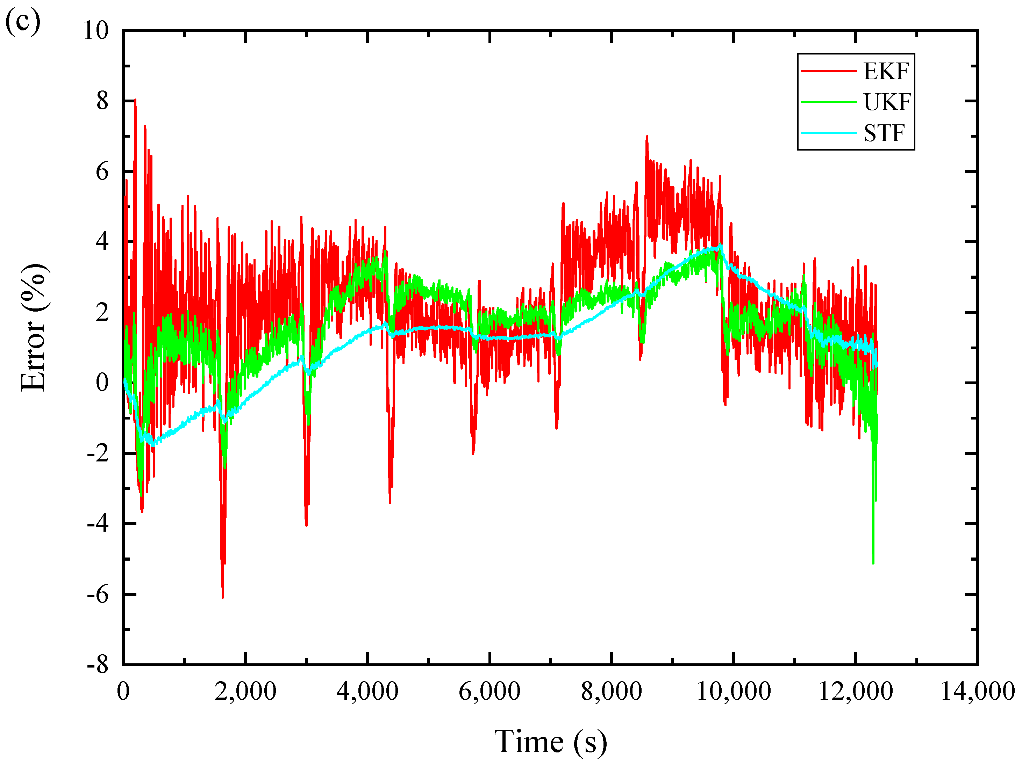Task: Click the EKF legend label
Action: (886, 72)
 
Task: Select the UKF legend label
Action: (887, 102)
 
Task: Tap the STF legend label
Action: (884, 133)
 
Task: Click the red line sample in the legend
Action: (828, 71)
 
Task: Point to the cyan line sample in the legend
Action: (828, 133)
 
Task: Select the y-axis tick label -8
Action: (98, 665)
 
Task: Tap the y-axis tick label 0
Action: (102, 383)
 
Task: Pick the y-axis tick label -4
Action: (98, 524)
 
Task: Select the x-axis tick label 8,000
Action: (611, 691)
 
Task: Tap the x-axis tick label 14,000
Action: (977, 691)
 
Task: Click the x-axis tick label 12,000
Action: (855, 691)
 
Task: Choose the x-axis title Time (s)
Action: (550, 742)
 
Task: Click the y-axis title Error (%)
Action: (33, 328)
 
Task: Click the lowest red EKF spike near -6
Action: (223, 597)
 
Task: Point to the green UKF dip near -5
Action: (873, 562)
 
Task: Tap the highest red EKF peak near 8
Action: (135, 100)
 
